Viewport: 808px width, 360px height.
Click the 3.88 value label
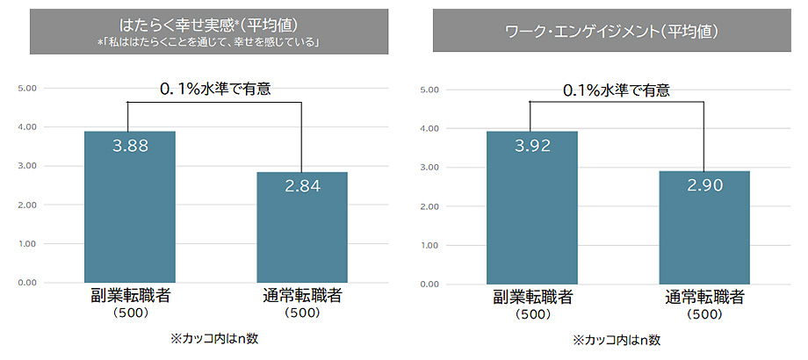129,144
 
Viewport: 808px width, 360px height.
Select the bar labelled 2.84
301,228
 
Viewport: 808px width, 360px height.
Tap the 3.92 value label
532,146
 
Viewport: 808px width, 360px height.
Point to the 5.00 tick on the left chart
25,88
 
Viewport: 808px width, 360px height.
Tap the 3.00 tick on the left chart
25,166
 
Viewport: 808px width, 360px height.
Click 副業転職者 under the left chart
130,295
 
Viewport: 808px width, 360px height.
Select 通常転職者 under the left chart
301,295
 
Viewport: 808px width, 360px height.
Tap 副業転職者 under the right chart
532,297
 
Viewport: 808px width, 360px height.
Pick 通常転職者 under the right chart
703,297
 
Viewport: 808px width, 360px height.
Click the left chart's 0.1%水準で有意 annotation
215,88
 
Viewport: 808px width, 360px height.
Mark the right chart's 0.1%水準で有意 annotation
617,89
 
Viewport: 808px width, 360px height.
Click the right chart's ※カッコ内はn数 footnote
617,338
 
